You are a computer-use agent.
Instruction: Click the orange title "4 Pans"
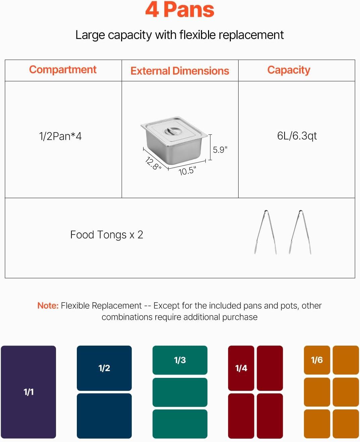pyautogui.click(x=179, y=10)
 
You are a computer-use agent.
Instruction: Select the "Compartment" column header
pyautogui.click(x=63, y=70)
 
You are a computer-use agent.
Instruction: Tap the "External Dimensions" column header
pyautogui.click(x=180, y=71)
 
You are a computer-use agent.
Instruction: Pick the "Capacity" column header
pyautogui.click(x=289, y=70)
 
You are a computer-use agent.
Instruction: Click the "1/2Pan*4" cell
pyautogui.click(x=60, y=136)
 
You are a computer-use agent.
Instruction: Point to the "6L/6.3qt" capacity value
pyautogui.click(x=297, y=136)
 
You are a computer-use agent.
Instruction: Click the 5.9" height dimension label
pyautogui.click(x=220, y=150)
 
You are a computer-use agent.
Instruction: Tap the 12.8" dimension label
pyautogui.click(x=153, y=163)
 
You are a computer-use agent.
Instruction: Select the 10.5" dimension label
pyautogui.click(x=187, y=171)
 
